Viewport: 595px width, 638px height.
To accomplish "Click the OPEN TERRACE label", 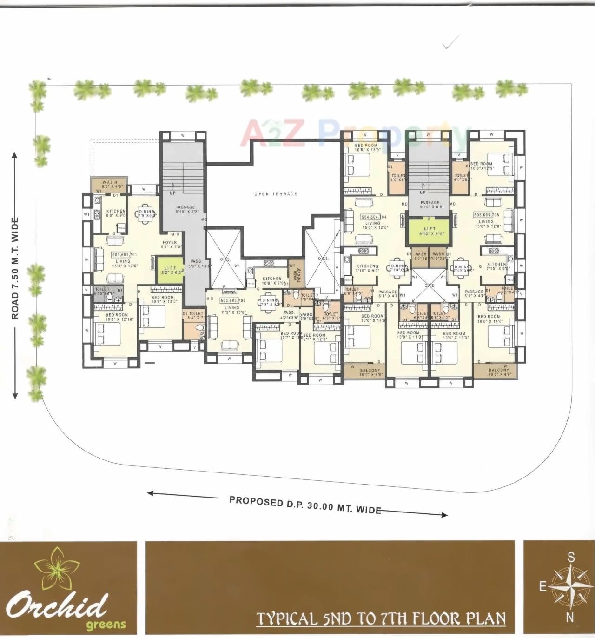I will (276, 194).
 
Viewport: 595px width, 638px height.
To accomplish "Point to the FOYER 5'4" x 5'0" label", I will (170, 245).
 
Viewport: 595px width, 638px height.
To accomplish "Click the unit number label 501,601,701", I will (124, 255).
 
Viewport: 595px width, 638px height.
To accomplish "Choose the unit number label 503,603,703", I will (232, 301).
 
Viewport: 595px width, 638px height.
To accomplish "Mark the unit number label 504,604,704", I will (374, 217).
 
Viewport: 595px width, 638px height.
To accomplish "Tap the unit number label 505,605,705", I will (486, 215).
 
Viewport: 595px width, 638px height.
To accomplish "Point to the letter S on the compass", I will (571, 557).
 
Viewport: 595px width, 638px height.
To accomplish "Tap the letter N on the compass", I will (570, 618).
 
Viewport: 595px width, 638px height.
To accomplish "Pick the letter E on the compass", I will (542, 587).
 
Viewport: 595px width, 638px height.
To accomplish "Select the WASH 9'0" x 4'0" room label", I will (110, 184).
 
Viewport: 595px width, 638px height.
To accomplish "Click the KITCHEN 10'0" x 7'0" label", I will (272, 281).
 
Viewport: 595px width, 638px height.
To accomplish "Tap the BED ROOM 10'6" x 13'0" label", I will (163, 299).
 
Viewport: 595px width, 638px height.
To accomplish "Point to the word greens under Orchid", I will (106, 624).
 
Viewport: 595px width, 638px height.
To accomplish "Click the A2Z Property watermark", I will (353, 133).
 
